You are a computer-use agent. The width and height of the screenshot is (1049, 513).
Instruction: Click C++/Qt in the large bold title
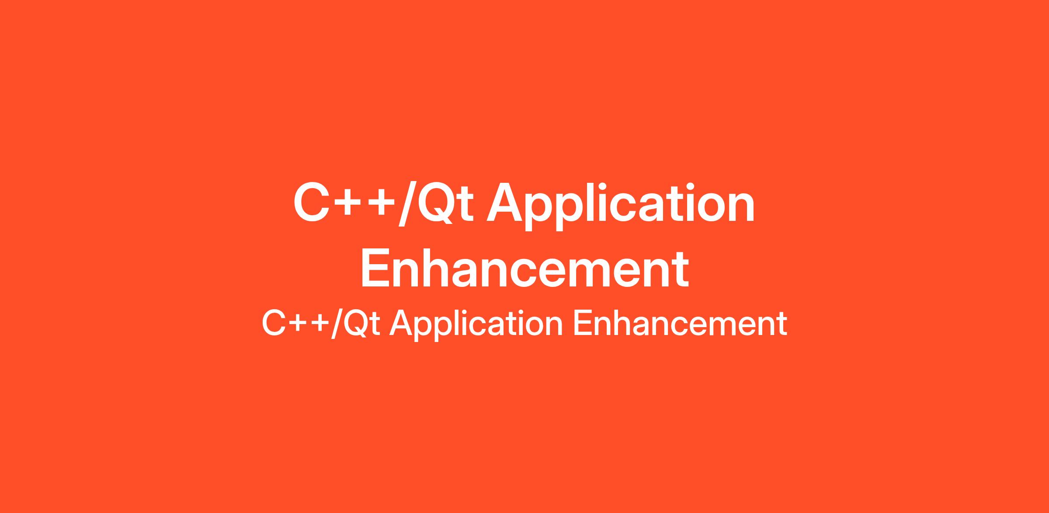[383, 204]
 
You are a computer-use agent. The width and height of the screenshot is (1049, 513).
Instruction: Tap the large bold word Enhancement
[524, 268]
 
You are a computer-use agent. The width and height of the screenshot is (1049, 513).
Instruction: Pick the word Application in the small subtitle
[476, 325]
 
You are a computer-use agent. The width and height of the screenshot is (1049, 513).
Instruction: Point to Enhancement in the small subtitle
[680, 324]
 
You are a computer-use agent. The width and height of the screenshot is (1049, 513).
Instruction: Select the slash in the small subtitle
[337, 324]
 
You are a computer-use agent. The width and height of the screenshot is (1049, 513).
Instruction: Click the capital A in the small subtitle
[401, 324]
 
